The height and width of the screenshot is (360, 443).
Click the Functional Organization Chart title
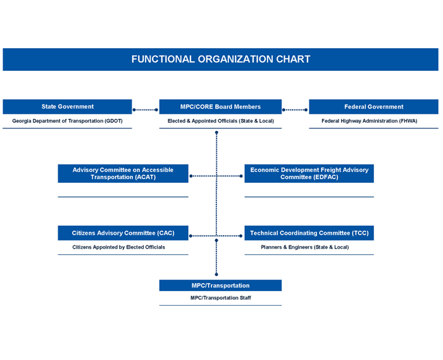point(221,59)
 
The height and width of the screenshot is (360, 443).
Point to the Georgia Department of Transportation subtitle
point(67,121)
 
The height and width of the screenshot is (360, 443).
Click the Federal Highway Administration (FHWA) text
point(369,121)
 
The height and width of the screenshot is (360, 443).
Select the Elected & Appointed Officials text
point(221,121)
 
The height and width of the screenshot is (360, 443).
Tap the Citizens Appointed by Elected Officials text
point(119,247)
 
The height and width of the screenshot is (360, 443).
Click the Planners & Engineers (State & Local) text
point(305,247)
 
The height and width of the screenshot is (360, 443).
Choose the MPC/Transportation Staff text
point(221,298)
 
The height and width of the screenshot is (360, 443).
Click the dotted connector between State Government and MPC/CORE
point(146,110)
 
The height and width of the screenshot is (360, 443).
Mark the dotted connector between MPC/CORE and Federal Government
point(295,110)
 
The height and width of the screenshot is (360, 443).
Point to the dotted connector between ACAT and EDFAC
point(216,176)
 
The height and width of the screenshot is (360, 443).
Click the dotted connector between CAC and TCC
point(216,236)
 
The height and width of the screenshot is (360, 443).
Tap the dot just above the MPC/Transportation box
point(216,275)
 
